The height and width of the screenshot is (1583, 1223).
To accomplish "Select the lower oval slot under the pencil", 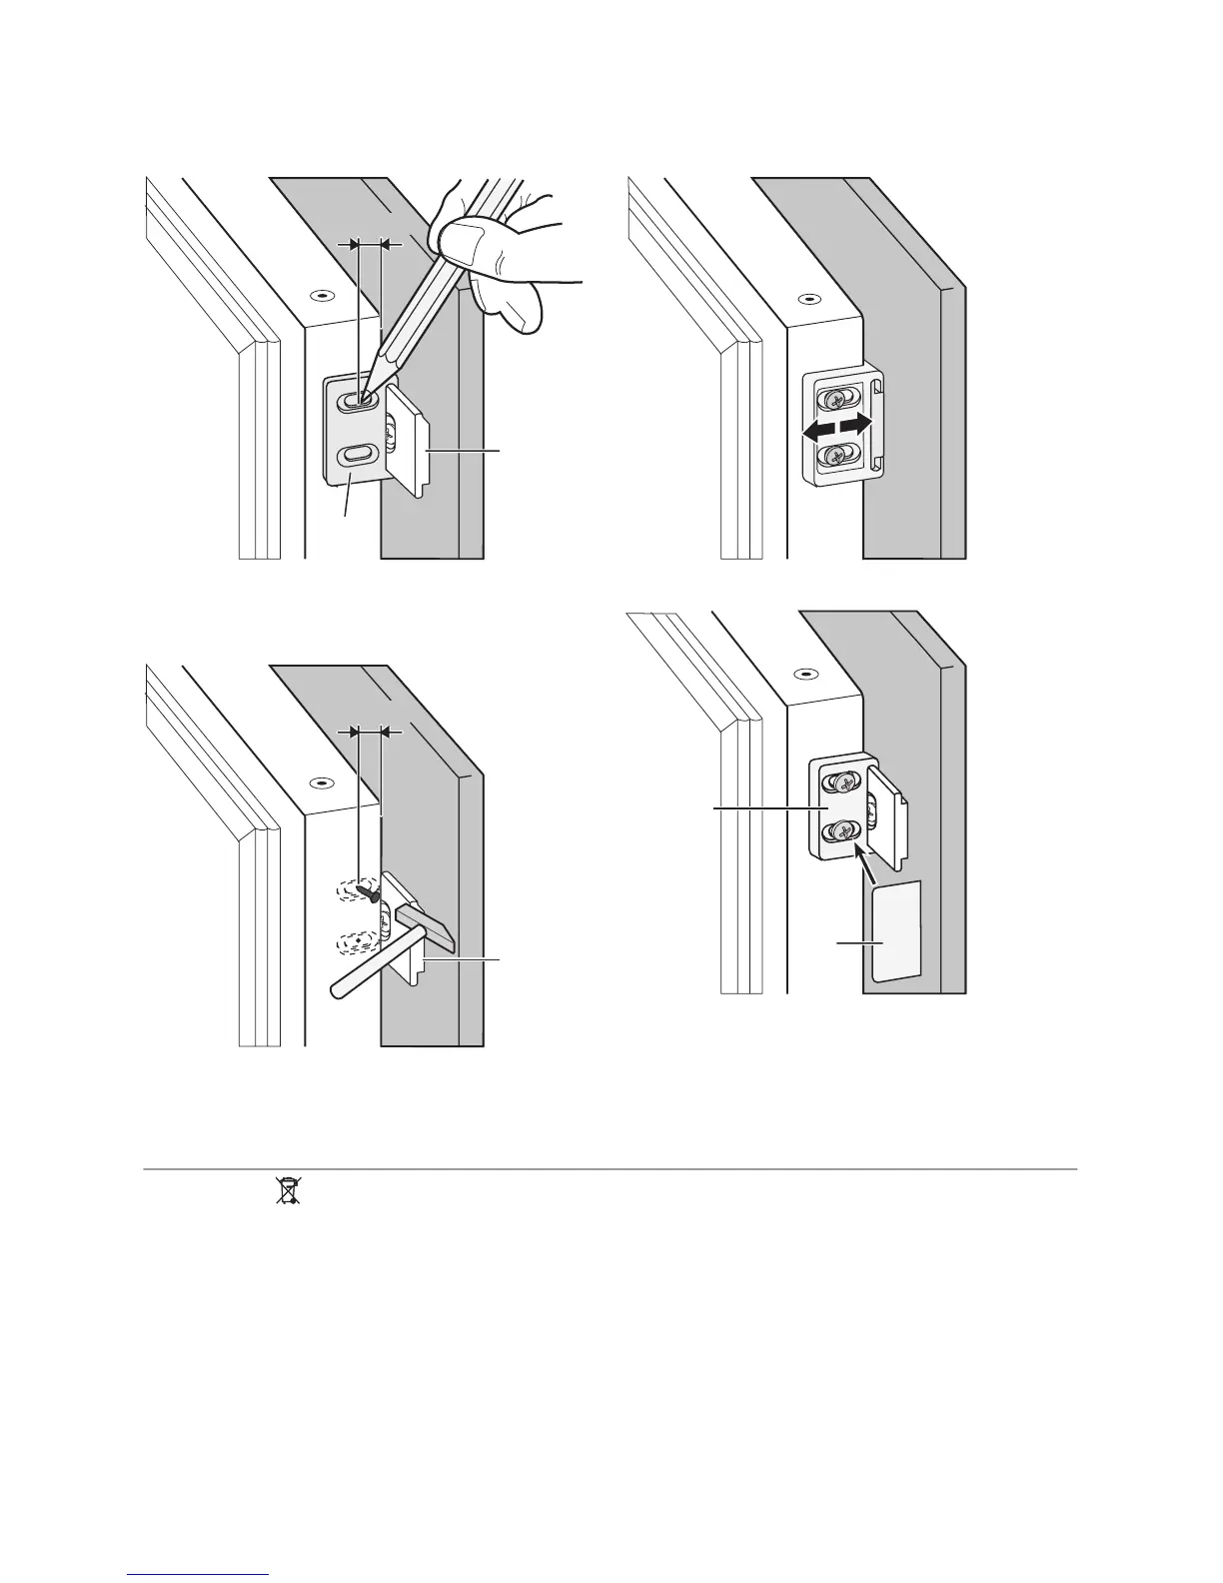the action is pos(354,455).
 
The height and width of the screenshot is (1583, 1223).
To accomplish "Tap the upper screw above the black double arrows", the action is pos(836,400).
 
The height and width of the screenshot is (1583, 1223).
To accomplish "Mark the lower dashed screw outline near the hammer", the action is pos(359,940).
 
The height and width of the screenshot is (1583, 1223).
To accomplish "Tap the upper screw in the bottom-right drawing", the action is pos(841,784).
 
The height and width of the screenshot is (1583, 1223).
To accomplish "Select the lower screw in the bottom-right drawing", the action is pos(841,830).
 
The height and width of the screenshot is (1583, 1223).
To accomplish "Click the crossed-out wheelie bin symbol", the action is pos(288,1190).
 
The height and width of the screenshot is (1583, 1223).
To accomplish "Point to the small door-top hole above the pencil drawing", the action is pos(320,296).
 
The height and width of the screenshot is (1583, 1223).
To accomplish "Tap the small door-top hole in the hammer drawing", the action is pos(320,784).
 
